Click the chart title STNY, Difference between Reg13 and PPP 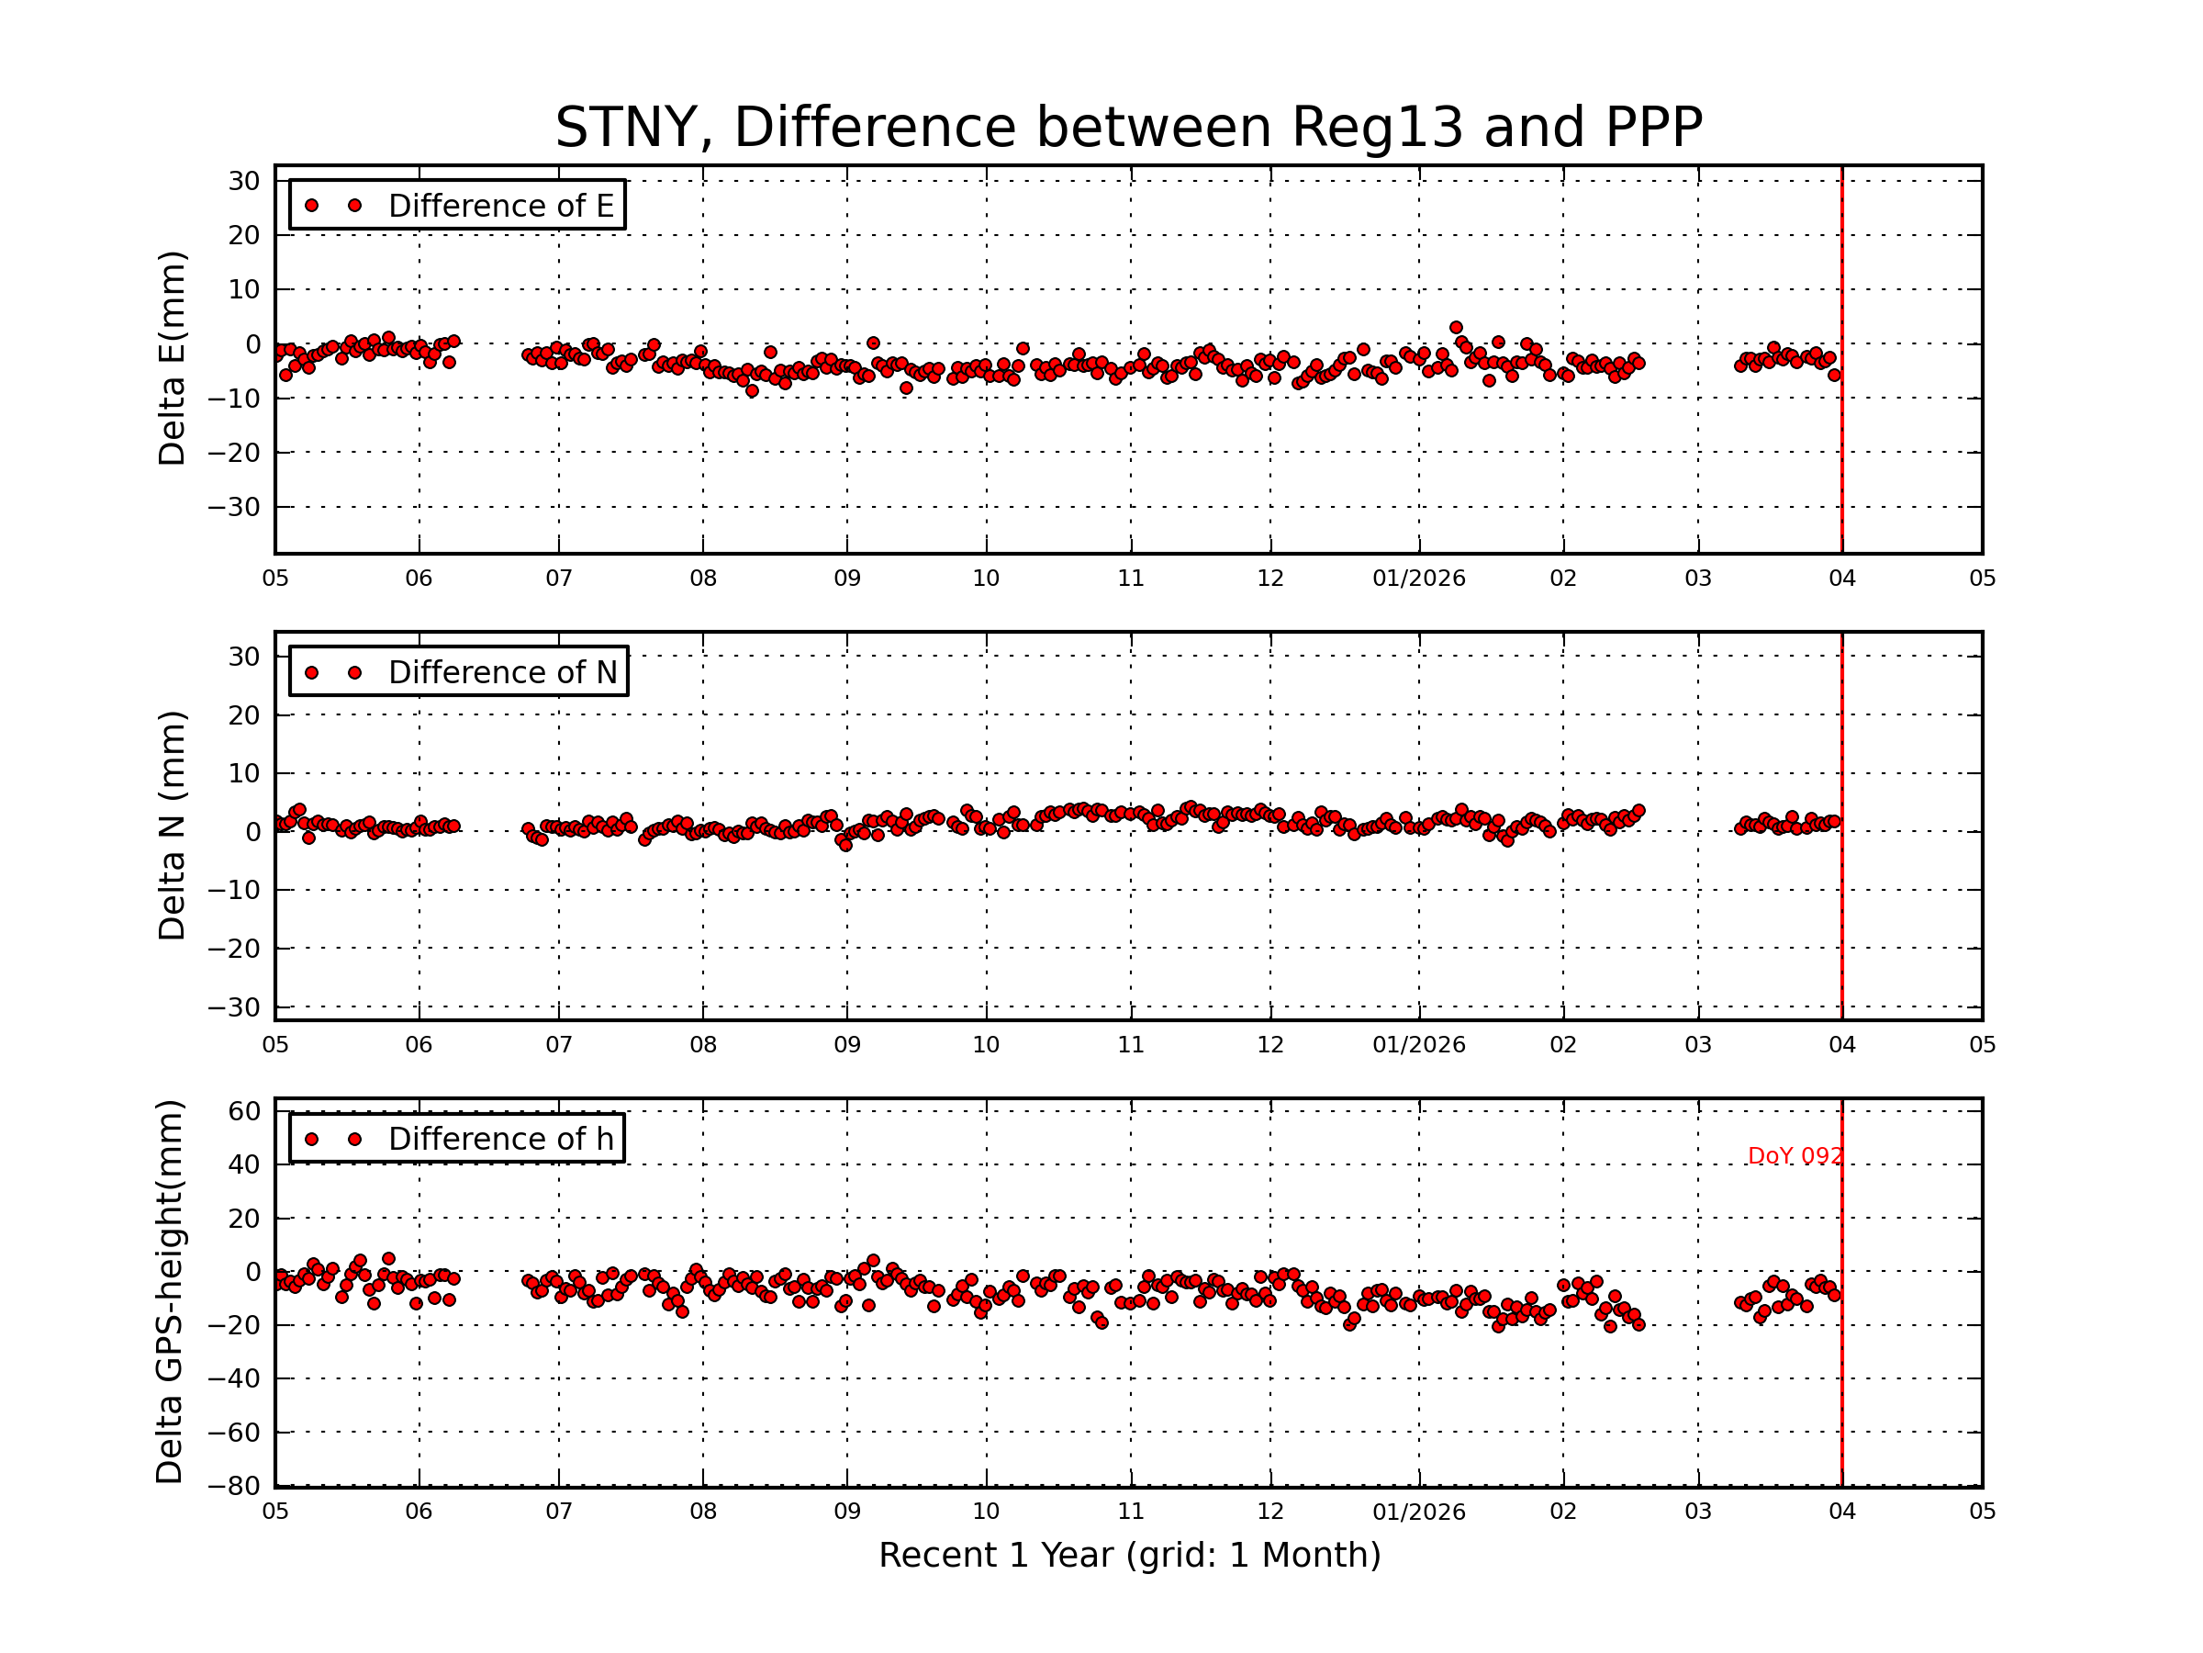pyautogui.click(x=1127, y=128)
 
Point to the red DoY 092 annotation pyautogui.click(x=1795, y=1156)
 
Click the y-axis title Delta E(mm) pyautogui.click(x=173, y=359)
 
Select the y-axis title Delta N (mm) pyautogui.click(x=173, y=825)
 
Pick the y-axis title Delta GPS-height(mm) pyautogui.click(x=171, y=1291)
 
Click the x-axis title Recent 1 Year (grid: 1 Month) pyautogui.click(x=1129, y=1556)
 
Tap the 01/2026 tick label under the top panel pyautogui.click(x=1418, y=579)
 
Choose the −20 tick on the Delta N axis pyautogui.click(x=234, y=949)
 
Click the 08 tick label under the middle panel pyautogui.click(x=703, y=1045)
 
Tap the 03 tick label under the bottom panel pyautogui.click(x=1698, y=1512)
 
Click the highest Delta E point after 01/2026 pyautogui.click(x=1456, y=328)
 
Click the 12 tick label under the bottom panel pyautogui.click(x=1269, y=1512)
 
